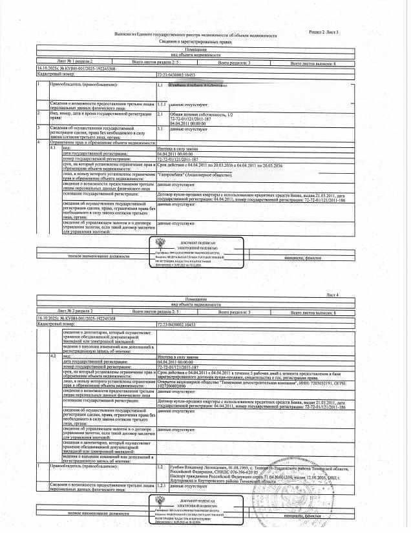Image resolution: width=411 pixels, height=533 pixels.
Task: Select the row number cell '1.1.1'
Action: [162, 103]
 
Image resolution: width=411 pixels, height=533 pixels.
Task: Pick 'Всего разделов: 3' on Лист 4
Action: [239, 311]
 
